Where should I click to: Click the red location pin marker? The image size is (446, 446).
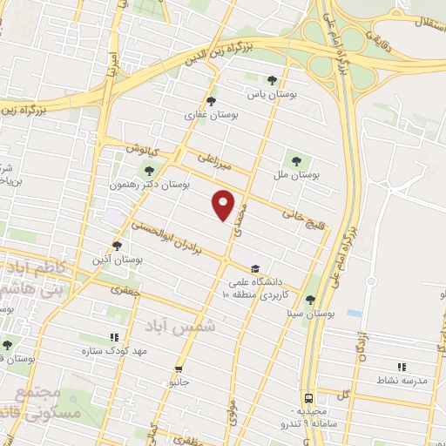coord(225,205)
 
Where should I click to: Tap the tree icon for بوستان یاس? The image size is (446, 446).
coord(272,80)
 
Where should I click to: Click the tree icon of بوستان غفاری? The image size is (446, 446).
coord(213,100)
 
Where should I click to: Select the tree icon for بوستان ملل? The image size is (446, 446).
coord(296,160)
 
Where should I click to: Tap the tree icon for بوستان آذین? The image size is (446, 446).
coord(117,246)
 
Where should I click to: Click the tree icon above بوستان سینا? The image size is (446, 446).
coord(312,299)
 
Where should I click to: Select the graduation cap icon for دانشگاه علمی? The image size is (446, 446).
coord(254,268)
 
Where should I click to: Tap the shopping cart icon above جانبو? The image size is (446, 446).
coord(179,368)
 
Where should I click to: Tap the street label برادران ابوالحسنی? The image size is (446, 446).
coord(166,236)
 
